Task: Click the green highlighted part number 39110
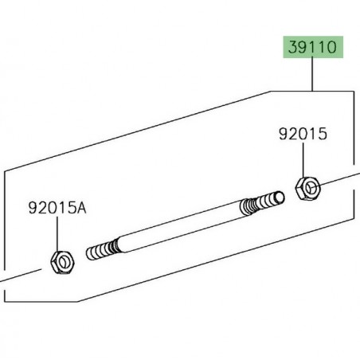tap(313, 47)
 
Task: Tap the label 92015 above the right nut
tap(303, 134)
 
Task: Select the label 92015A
tap(57, 208)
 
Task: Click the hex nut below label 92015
tap(307, 188)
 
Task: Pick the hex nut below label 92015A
tap(62, 262)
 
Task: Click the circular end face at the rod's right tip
tap(280, 198)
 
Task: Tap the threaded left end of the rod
tap(102, 249)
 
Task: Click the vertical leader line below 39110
tap(312, 74)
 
